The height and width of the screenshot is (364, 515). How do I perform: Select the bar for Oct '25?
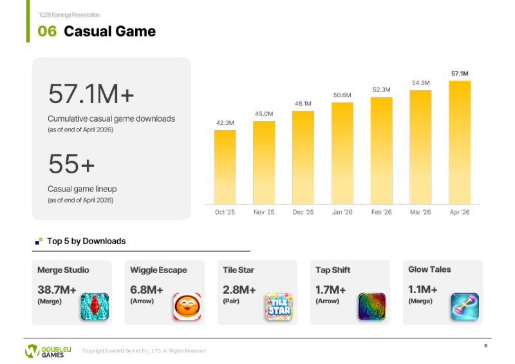click(x=225, y=168)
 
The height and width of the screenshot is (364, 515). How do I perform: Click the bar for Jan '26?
click(x=342, y=153)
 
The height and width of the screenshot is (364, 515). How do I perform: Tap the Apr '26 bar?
click(x=460, y=143)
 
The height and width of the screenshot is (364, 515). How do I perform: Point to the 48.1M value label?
click(x=303, y=104)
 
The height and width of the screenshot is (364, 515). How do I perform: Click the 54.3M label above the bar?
click(x=421, y=83)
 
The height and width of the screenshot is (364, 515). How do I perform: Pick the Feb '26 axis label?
click(x=381, y=212)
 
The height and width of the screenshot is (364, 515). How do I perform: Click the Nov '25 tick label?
click(x=264, y=212)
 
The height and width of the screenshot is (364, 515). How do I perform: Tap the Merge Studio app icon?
click(x=95, y=307)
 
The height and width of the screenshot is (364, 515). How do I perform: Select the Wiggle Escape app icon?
click(x=187, y=307)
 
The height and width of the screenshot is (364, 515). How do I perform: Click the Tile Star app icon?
click(x=279, y=307)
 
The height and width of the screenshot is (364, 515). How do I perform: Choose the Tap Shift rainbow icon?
click(x=372, y=307)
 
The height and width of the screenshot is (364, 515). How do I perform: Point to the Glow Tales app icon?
click(x=465, y=307)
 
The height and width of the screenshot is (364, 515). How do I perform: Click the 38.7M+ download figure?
click(x=57, y=290)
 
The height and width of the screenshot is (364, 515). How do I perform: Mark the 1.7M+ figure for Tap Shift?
click(x=330, y=290)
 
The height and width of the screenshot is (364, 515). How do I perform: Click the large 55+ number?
click(x=71, y=164)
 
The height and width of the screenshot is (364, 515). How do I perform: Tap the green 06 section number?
click(x=47, y=31)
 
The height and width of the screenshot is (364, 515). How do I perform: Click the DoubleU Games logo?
click(x=48, y=351)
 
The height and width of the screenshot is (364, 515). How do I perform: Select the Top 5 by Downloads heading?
click(x=86, y=241)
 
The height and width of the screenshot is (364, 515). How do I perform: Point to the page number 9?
click(x=485, y=345)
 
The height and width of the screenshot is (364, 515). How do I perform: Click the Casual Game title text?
click(x=109, y=31)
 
